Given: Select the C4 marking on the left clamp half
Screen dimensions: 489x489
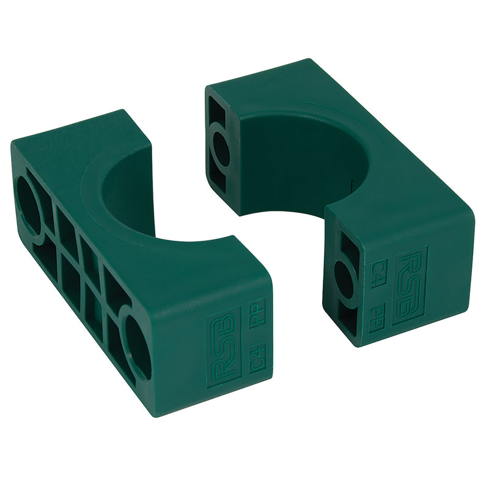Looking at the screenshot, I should pyautogui.click(x=257, y=361).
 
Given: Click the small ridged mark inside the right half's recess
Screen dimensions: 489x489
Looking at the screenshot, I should pyautogui.click(x=353, y=182).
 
